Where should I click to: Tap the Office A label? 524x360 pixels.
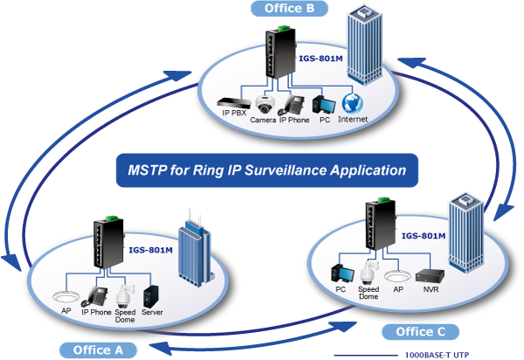coord(99,350)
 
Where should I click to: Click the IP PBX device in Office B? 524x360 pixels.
coord(233,102)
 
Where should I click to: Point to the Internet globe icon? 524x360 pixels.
coord(351,100)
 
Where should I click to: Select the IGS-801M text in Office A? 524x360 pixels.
coord(150,250)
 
